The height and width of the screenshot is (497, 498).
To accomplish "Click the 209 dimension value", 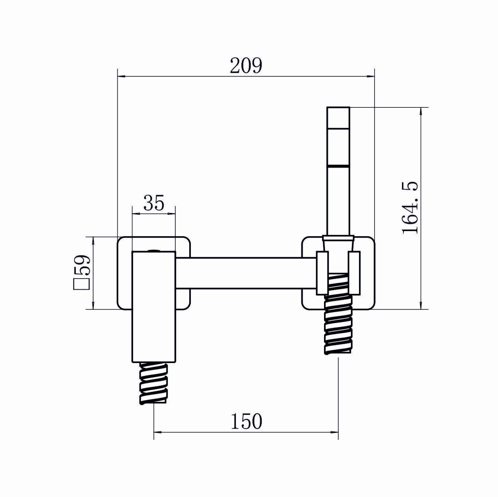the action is [x=246, y=66].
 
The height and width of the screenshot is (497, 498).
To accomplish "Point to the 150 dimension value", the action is [x=246, y=421].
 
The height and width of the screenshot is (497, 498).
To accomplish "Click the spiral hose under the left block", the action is [x=153, y=383].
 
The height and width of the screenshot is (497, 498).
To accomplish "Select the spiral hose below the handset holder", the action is [x=339, y=313].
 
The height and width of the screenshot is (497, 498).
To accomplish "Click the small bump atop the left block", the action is [x=153, y=250].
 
